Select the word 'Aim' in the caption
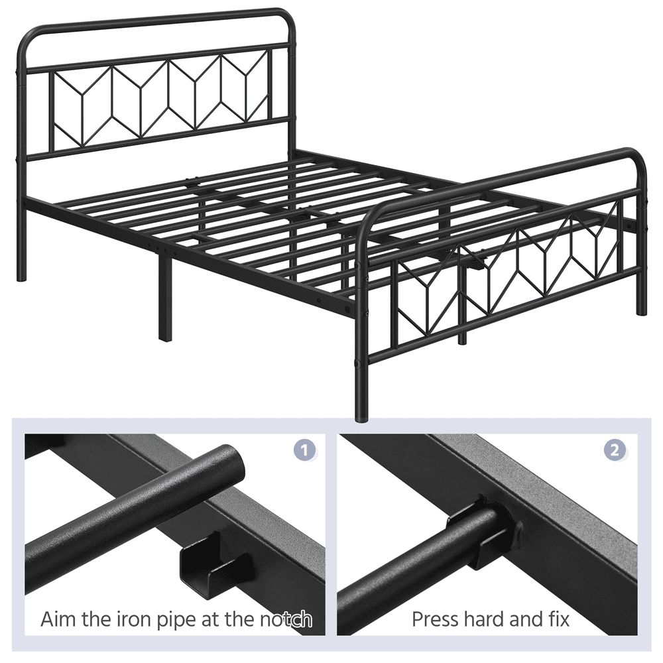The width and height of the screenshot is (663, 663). pos(57,620)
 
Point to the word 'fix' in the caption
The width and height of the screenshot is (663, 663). pos(556,620)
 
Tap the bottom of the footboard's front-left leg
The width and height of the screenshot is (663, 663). pos(361,416)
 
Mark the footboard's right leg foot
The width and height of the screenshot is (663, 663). pos(641,310)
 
